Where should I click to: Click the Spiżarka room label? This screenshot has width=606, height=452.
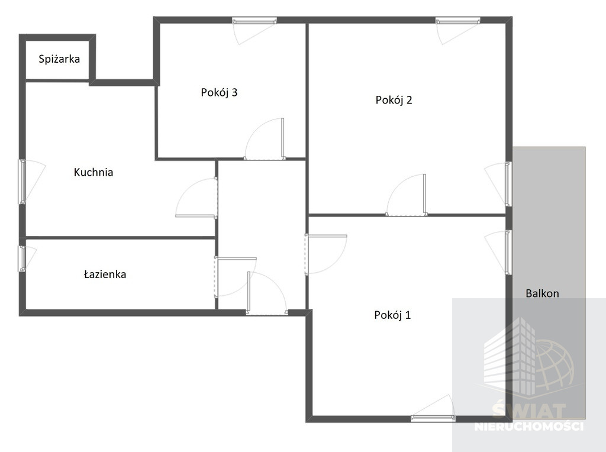pos(59,59)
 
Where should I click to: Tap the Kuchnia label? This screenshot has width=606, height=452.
pos(94,172)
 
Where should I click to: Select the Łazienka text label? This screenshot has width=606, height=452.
pos(105,275)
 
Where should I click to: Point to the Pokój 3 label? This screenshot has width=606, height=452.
pos(219,92)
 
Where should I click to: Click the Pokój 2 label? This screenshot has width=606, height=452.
pos(394,100)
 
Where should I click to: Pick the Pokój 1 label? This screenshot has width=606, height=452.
pos(392,315)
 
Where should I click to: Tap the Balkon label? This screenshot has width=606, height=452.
pos(542,293)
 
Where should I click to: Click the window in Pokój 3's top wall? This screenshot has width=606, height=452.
pos(254,21)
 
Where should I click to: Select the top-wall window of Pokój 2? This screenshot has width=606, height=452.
pos(458,21)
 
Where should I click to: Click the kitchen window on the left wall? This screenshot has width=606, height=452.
pos(22,182)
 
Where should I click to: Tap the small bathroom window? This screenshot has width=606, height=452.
pos(22,259)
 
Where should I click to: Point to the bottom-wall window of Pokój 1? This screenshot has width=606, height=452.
pos(433,418)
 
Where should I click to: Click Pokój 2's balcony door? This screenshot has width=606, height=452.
pos(508,184)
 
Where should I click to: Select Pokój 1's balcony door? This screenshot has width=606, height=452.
pos(508,252)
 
